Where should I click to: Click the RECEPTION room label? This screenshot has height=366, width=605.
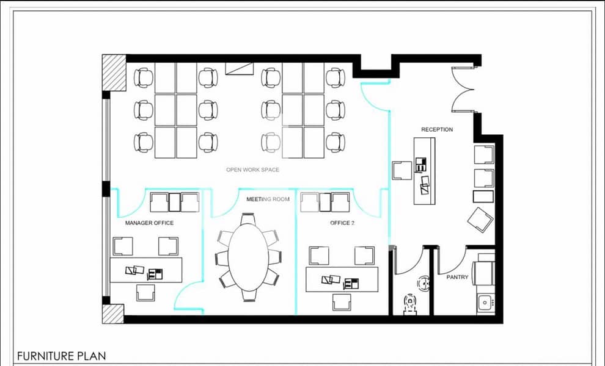click(437, 129)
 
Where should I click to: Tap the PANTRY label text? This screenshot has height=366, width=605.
click(457, 277)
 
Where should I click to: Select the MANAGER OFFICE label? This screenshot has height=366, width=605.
click(149, 223)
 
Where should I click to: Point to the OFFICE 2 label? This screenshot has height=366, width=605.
click(342, 223)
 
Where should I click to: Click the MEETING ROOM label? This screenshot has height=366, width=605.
click(268, 199)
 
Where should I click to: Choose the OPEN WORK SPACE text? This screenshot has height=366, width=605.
click(253, 170)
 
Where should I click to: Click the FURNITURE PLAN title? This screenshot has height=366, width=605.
click(61, 356)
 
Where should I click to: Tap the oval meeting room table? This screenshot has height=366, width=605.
click(248, 257)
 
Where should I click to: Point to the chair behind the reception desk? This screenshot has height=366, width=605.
click(402, 170)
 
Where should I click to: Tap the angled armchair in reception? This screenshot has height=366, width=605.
click(480, 220)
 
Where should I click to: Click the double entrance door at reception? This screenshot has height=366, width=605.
click(462, 90)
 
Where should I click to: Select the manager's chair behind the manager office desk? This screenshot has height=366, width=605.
click(145, 293)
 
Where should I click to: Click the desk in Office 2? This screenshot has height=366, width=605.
click(342, 279)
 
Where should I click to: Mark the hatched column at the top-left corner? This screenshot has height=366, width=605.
click(114, 73)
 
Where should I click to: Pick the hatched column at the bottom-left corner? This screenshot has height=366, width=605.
click(113, 314)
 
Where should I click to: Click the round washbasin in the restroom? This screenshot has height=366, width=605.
click(424, 284)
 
